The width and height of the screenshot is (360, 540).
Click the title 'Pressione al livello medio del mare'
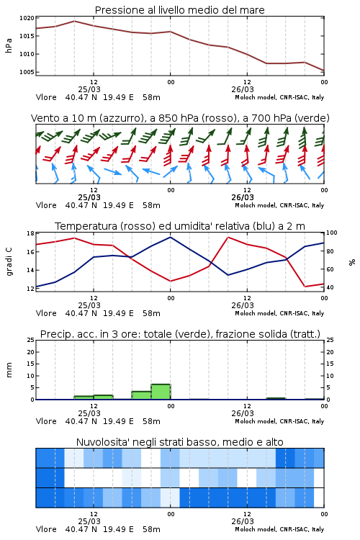tap(179, 10)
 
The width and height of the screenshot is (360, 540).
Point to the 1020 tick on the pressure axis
tap(27, 18)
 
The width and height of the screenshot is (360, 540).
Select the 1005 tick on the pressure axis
tap(27, 72)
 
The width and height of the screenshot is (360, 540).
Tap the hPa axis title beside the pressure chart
tap(9, 45)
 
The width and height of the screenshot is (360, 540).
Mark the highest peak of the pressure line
tap(74, 21)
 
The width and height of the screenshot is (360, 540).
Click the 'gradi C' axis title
tap(9, 261)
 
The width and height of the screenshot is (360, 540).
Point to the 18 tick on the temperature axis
tap(30, 233)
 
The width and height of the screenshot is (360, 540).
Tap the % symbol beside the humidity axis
tap(352, 262)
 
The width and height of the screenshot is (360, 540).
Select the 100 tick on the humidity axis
tap(332, 233)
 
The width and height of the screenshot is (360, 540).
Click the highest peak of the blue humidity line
tap(170, 237)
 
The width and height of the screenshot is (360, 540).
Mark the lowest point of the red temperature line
tap(305, 287)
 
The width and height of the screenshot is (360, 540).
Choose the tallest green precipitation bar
tap(161, 392)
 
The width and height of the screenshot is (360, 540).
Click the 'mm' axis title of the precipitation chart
tap(9, 370)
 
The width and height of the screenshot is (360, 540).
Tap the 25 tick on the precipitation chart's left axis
tap(30, 340)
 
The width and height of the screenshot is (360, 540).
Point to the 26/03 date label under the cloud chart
tap(243, 521)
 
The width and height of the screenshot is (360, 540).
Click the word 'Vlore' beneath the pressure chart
tap(46, 97)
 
